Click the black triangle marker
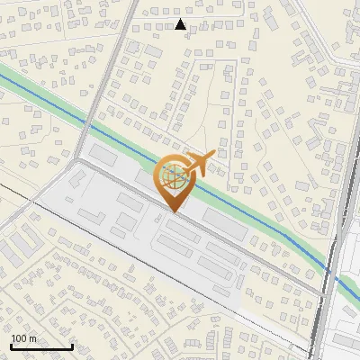point(181,24)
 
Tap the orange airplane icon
point(200,165)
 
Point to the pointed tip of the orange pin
point(175,212)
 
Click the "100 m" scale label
point(24,338)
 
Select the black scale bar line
point(40,346)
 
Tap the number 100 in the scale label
point(20,338)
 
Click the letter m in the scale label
point(33,338)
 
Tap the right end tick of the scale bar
point(72,346)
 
